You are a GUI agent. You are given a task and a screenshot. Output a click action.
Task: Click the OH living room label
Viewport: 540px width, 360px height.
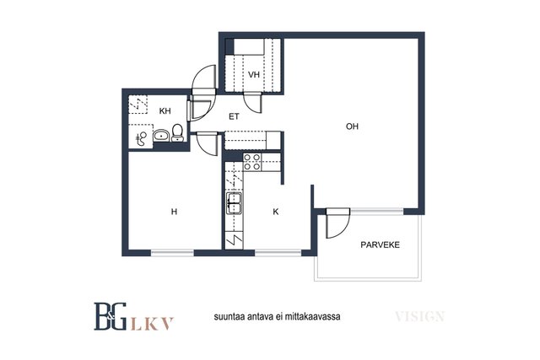(x=352, y=126)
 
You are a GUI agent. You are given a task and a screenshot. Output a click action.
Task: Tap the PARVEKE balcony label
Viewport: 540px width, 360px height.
(x=380, y=244)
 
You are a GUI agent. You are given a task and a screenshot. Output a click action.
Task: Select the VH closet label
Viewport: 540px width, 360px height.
(x=254, y=74)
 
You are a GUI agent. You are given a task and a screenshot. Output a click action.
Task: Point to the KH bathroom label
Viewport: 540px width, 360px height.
(x=165, y=110)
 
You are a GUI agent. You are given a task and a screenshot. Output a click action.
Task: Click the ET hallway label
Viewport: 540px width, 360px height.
(x=234, y=116)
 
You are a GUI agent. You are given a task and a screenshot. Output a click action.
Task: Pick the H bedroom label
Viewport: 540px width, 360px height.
(x=174, y=212)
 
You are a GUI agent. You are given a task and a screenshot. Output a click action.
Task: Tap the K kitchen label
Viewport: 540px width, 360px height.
(x=276, y=212)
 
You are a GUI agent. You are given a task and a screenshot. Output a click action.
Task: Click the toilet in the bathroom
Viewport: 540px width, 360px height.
(x=177, y=133)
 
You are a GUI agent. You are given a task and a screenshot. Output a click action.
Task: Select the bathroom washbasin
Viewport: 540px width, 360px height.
(x=161, y=135)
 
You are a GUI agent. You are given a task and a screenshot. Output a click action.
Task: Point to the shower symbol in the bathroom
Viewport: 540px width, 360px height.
(x=141, y=138)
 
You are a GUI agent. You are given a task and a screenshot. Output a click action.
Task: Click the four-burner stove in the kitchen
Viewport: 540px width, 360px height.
(x=251, y=162)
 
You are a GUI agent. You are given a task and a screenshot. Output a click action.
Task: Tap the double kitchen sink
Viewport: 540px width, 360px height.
(x=234, y=203)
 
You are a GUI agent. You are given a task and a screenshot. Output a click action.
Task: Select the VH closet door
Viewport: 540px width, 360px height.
(x=253, y=102)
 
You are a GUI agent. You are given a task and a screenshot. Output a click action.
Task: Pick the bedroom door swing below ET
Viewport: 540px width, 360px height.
(x=208, y=144)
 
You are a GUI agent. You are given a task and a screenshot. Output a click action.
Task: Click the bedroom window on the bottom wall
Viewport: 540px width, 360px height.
(x=172, y=253)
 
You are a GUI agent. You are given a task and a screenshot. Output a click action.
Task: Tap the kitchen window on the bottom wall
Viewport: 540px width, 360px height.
(x=278, y=253)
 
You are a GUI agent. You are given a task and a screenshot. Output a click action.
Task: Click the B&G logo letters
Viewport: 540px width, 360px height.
(x=111, y=316)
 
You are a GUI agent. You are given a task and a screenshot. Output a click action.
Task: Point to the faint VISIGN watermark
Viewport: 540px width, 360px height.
(x=420, y=316)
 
